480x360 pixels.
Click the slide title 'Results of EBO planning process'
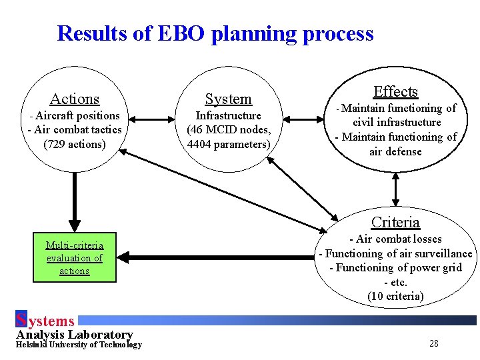(x=215, y=33)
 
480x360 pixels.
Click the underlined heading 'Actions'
(x=75, y=99)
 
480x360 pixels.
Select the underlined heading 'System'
(x=228, y=99)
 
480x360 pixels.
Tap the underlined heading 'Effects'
(x=395, y=92)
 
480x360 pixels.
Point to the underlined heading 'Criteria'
(x=395, y=222)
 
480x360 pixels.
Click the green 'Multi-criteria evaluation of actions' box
(x=74, y=257)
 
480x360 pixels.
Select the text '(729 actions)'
(x=75, y=144)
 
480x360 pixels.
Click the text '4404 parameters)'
(x=229, y=144)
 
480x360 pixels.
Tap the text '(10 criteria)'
(x=395, y=296)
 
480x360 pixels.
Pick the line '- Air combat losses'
(x=395, y=239)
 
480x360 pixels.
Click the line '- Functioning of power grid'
(x=395, y=267)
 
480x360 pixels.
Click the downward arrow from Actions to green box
(x=75, y=200)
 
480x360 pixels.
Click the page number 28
(x=433, y=344)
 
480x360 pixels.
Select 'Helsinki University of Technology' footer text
(x=79, y=345)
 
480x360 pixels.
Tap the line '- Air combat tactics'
(x=75, y=129)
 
